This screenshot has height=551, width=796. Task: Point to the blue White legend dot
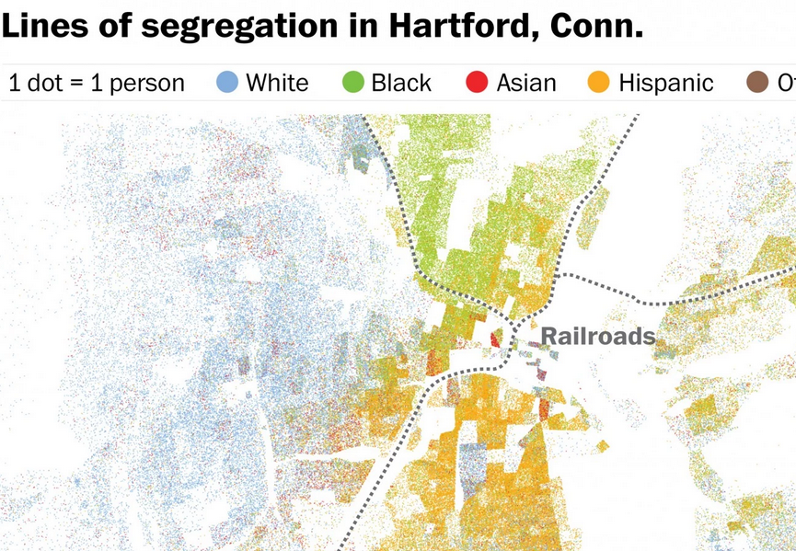coord(227,83)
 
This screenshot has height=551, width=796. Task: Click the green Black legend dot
coord(352,83)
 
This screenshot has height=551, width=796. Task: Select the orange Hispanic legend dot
coord(599,83)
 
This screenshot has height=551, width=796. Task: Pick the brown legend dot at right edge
coord(757,83)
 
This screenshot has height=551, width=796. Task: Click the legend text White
coord(277,84)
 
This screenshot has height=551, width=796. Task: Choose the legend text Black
coord(401,84)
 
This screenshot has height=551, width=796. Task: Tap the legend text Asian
coord(526,84)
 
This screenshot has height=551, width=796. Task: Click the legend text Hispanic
coord(665,84)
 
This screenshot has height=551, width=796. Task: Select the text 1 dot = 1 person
coord(97,84)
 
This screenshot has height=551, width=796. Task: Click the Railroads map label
coord(597,336)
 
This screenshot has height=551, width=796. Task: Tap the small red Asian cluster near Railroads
coord(496,339)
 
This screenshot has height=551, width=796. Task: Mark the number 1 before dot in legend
coord(15,84)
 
